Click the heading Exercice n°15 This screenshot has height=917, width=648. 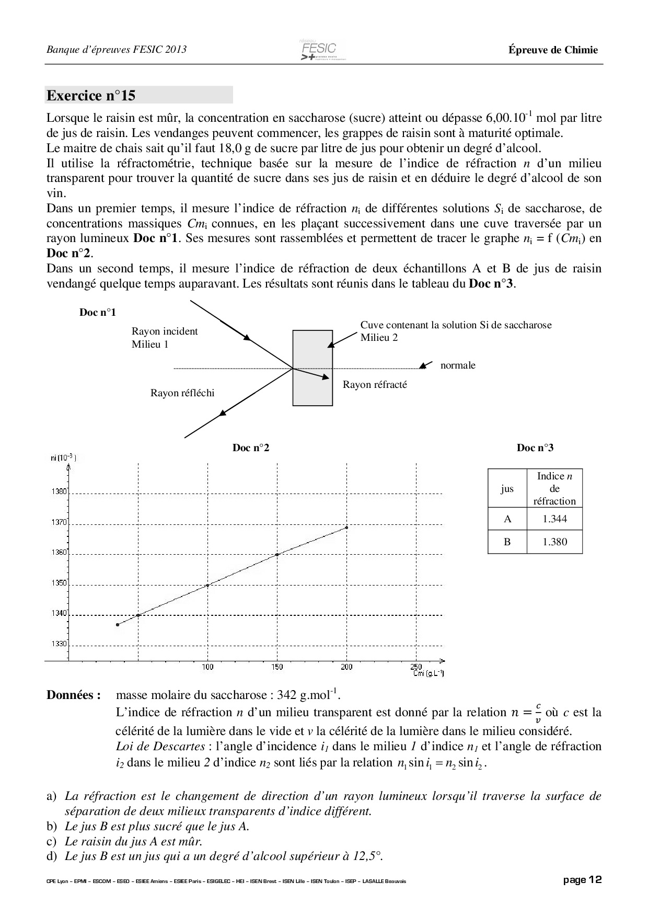click(x=91, y=96)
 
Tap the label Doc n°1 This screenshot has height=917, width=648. click(x=98, y=313)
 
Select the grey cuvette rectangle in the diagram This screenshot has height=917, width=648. click(x=313, y=368)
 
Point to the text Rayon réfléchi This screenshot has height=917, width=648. click(x=182, y=393)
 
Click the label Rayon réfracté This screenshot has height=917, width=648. click(x=375, y=385)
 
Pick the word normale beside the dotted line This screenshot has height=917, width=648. click(x=458, y=365)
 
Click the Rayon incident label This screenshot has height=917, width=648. click(x=165, y=331)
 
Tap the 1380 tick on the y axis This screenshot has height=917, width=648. click(x=59, y=492)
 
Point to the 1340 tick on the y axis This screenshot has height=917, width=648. click(x=59, y=614)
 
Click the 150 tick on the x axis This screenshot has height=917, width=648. click(x=277, y=667)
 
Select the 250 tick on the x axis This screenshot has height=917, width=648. click(x=416, y=667)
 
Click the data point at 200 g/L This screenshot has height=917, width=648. click(x=346, y=528)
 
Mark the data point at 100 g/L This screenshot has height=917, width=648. click(x=208, y=585)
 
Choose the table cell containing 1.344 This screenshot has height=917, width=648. click(x=554, y=519)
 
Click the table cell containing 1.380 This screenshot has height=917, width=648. click(x=554, y=542)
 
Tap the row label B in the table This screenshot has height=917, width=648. click(x=507, y=542)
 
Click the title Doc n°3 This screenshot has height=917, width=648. click(x=535, y=448)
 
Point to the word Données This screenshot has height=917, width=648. click(x=73, y=695)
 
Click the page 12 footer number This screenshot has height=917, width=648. click(x=583, y=880)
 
